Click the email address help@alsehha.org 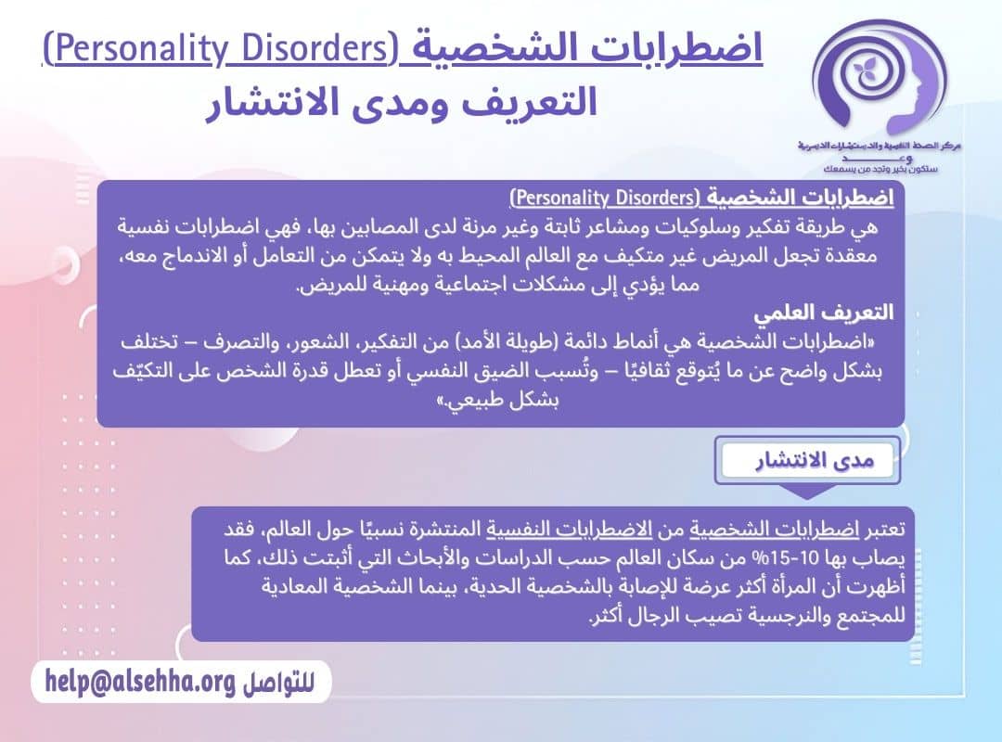(x=138, y=682)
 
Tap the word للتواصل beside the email (x=277, y=684)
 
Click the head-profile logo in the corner (x=876, y=79)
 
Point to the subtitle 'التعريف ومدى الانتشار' (x=401, y=101)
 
